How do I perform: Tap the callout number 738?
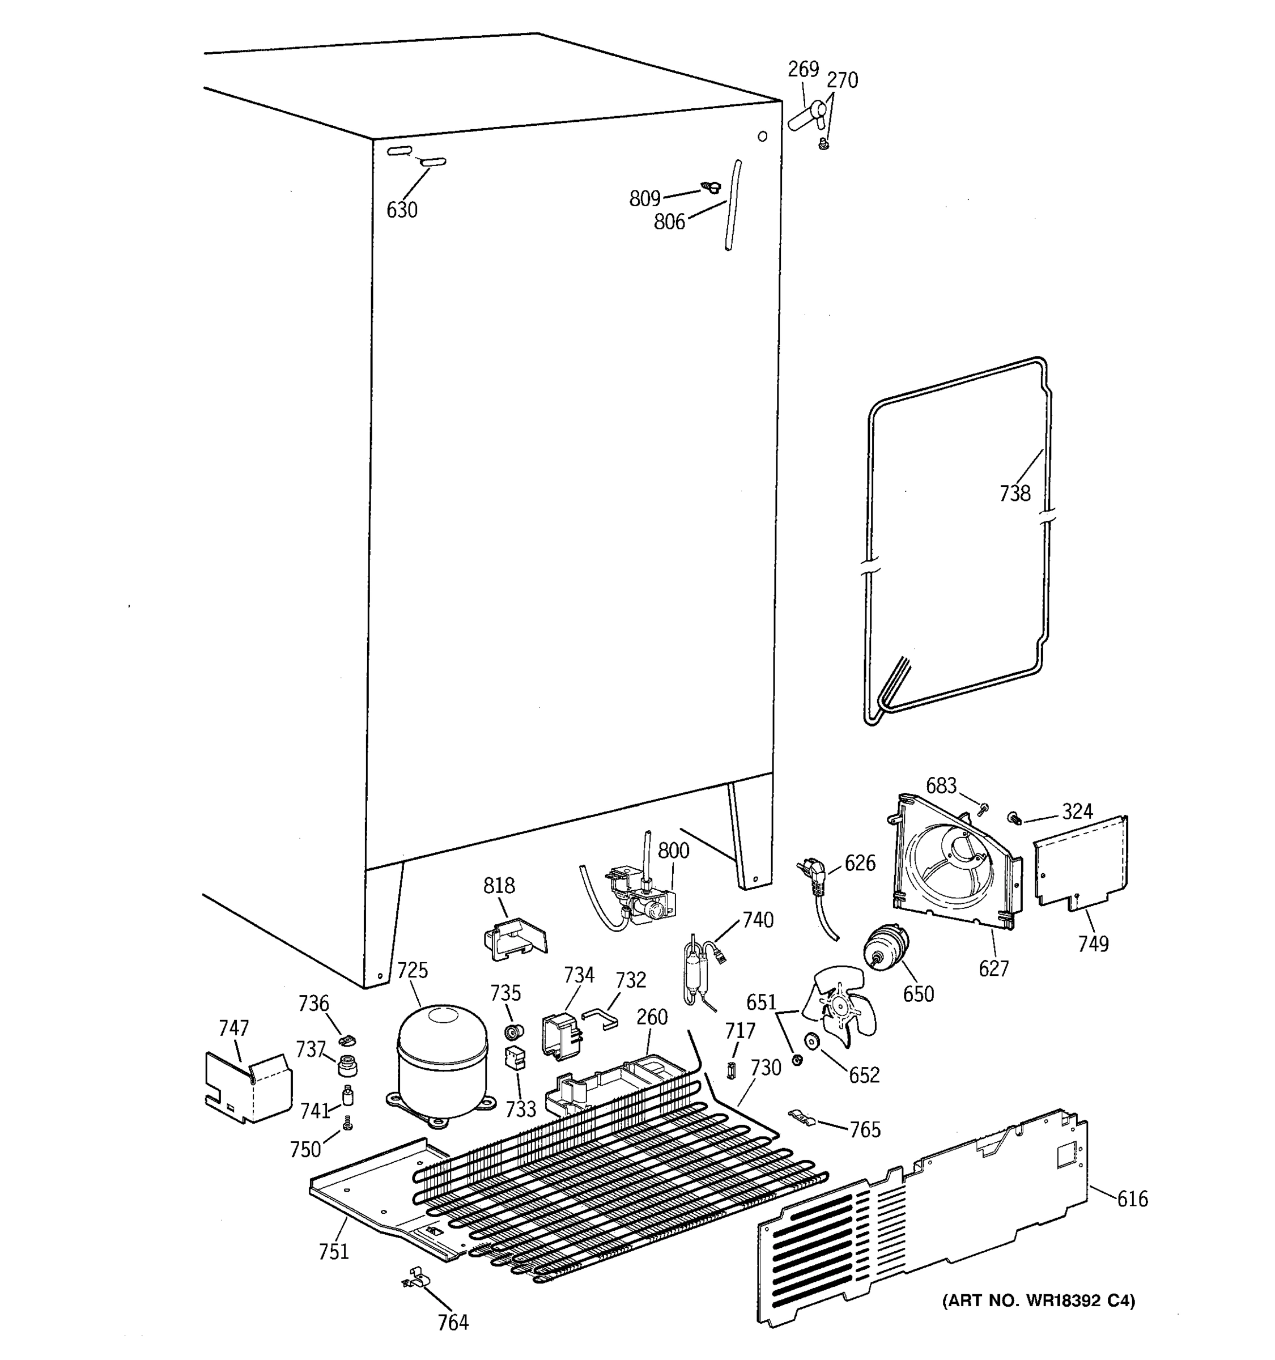coord(1014,492)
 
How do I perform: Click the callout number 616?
coord(1133,1198)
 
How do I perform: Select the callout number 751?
coord(334,1251)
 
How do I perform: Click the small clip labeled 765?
coord(800,1117)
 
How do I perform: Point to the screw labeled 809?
coord(711,187)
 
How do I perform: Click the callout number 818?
coord(499,885)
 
